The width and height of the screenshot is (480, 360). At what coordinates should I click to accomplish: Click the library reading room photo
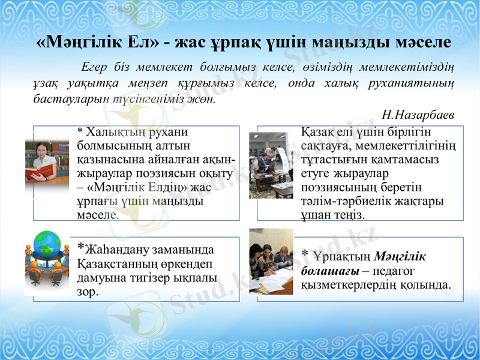(271, 165)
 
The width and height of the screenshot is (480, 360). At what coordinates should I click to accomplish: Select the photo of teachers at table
(271, 262)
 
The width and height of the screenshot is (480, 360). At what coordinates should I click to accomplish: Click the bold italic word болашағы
(329, 270)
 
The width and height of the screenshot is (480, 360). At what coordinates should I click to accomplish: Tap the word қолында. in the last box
(425, 284)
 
